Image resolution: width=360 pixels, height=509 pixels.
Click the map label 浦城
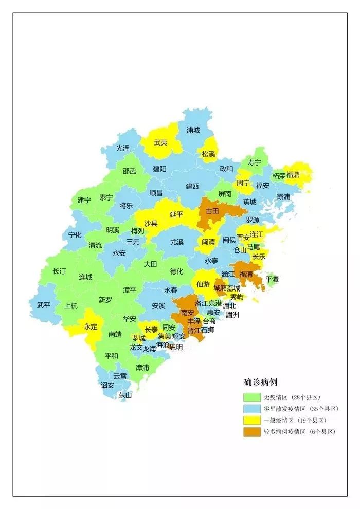coord(193,130)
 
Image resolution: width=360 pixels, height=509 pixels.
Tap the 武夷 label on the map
coord(161,142)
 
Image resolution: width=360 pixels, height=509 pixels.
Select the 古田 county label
coord(212,211)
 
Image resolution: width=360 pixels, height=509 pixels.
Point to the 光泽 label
coord(123,148)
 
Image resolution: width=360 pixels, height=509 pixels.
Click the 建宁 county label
coord(84,200)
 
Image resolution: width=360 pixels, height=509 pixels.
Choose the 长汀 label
coord(59,271)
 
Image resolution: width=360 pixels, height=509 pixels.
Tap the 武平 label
coord(44,304)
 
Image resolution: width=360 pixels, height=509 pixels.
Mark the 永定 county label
coord(91,326)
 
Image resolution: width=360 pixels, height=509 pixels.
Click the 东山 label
coord(125,395)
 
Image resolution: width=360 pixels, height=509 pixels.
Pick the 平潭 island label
coord(272,279)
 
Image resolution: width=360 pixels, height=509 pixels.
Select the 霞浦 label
coord(283,197)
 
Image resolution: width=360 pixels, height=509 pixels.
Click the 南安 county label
coord(188,312)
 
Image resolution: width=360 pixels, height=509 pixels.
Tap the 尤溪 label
coord(177,242)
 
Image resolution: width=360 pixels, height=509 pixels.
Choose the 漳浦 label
coord(142,368)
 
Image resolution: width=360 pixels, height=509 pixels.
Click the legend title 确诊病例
coord(261,383)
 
